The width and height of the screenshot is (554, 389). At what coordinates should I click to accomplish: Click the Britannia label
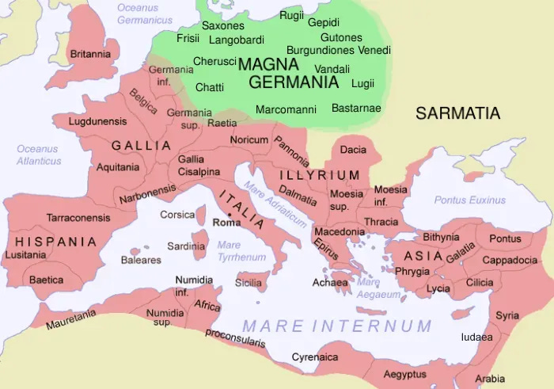click(90, 54)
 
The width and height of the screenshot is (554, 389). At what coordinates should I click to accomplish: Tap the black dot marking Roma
click(229, 214)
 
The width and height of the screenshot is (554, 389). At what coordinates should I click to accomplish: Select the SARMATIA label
click(458, 113)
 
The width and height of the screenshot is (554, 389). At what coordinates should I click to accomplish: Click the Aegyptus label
click(405, 373)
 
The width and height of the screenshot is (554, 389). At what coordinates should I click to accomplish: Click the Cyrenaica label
click(315, 357)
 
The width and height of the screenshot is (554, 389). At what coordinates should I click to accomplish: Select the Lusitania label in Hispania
click(25, 255)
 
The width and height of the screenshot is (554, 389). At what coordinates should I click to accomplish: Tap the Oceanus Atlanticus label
click(39, 154)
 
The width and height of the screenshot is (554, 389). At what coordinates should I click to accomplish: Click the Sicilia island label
click(249, 282)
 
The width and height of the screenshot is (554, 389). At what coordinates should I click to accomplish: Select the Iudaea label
click(477, 337)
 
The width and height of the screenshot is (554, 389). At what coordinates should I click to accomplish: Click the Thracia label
click(382, 222)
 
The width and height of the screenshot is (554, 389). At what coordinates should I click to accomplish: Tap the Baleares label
click(141, 260)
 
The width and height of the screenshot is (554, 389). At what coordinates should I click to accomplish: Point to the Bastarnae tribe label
click(356, 108)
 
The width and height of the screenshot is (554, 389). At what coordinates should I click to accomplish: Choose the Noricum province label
click(249, 139)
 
